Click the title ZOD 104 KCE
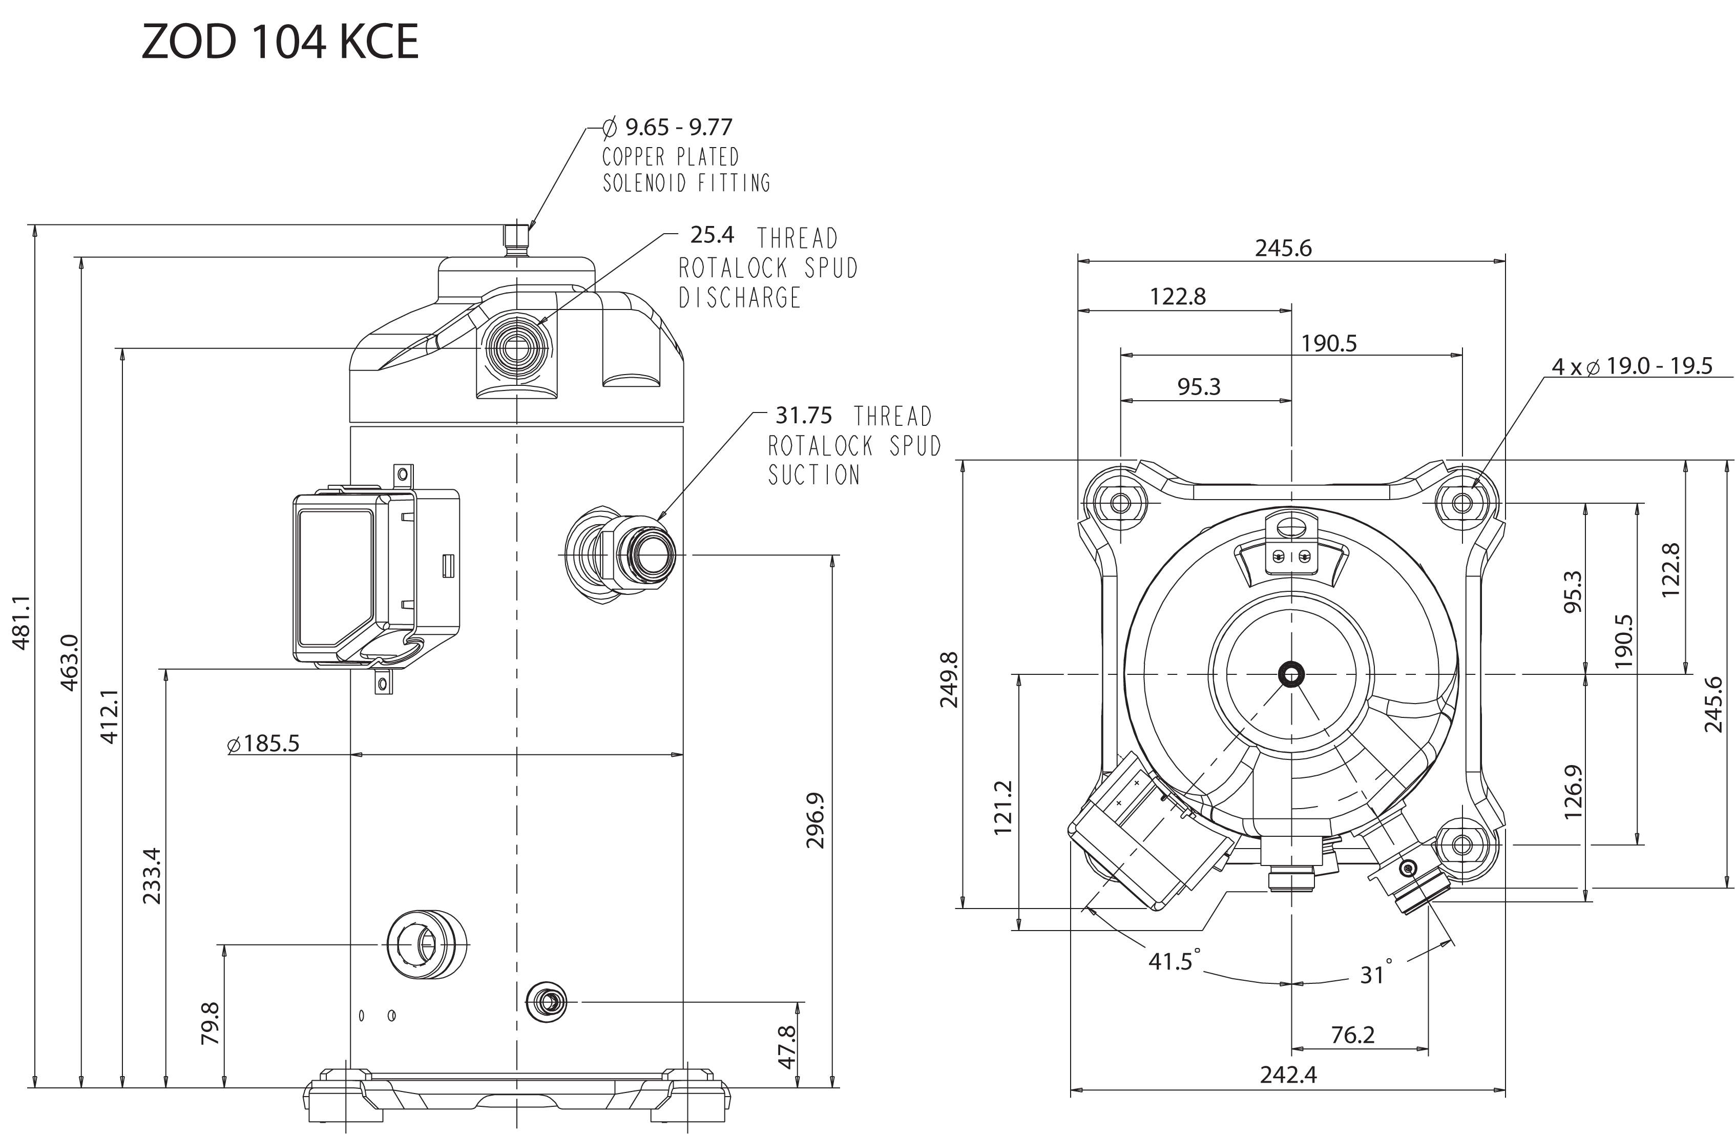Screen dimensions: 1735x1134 coord(280,42)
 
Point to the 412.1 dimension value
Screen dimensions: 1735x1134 coord(109,717)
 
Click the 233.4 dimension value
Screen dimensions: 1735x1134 coord(152,876)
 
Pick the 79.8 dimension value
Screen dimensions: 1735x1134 coord(210,1023)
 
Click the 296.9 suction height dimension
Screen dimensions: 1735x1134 coord(815,820)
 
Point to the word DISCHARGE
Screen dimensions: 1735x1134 coord(739,298)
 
